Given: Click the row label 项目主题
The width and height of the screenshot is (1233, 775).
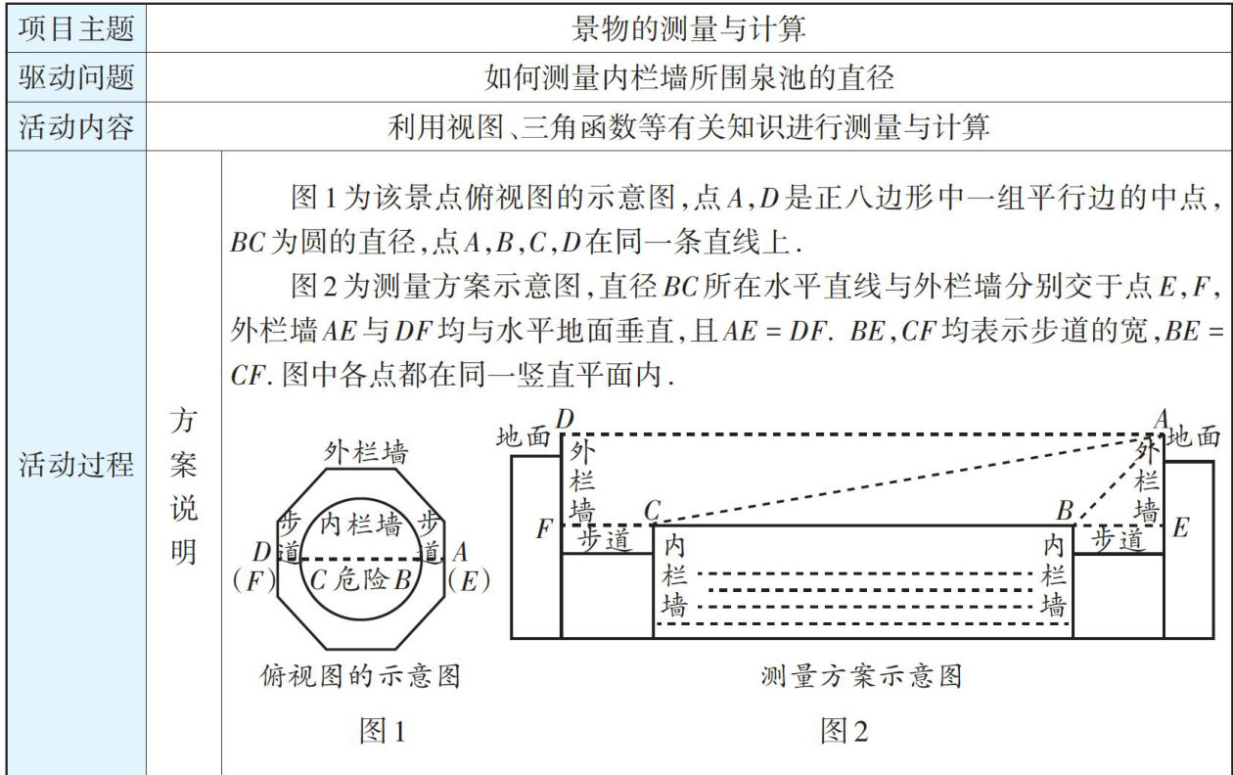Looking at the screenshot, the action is coord(75,28).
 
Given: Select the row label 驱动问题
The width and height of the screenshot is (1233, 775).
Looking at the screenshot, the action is coord(75,77).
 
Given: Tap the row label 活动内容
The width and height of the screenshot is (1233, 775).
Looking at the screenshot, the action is coord(75,126).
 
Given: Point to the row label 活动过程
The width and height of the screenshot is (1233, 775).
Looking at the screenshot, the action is coord(75,465).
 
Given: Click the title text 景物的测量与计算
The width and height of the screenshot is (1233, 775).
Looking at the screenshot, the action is coord(690,28).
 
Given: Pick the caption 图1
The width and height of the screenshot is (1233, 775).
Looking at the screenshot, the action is coord(382,730).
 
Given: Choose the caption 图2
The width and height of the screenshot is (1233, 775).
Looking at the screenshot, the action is coord(845,730).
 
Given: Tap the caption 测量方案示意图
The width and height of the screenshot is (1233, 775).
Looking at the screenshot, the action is coord(861,675).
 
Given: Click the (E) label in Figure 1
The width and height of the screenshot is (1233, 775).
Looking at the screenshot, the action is coord(468,580).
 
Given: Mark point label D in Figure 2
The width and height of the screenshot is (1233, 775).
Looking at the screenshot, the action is coord(565,419).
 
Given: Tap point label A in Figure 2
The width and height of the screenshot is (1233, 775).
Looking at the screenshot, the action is coord(1162,419).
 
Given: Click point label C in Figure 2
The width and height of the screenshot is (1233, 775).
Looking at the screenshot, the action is coord(654,510).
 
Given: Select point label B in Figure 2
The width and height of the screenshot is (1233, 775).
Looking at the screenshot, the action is coord(1065,510).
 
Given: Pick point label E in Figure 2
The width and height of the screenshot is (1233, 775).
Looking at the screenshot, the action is coord(1180,528).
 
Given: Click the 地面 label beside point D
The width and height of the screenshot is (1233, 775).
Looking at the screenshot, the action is coord(524,437).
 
